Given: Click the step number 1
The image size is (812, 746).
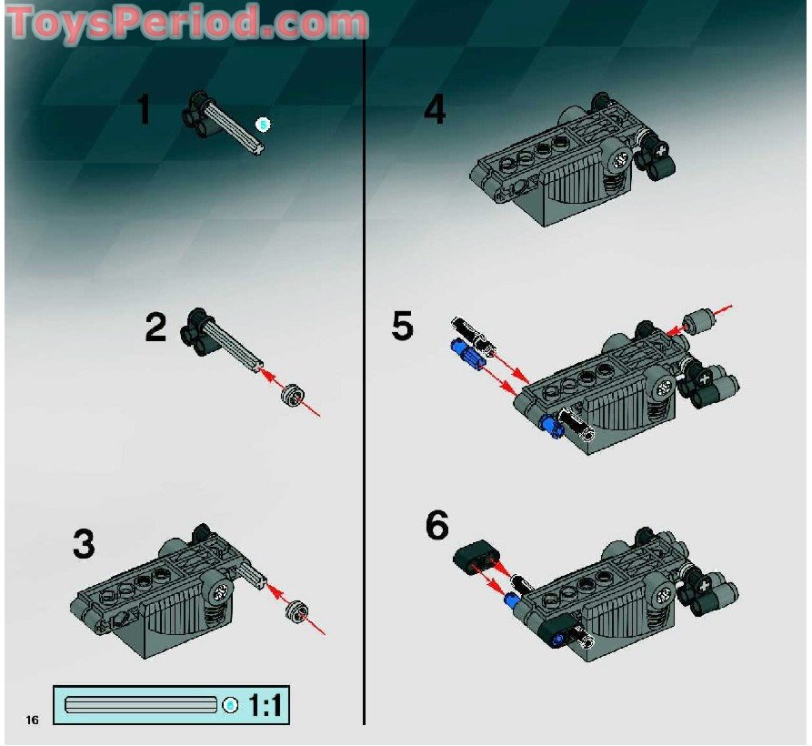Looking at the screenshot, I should [x=143, y=110].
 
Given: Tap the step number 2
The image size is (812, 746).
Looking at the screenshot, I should [x=155, y=328].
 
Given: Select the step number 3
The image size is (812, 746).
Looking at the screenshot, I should [x=83, y=545].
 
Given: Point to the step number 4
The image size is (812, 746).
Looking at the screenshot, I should [x=435, y=111].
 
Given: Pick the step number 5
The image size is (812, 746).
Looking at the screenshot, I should [x=402, y=326].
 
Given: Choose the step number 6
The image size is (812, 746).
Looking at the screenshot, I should [x=436, y=525].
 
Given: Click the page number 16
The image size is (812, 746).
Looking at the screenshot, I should [x=33, y=721].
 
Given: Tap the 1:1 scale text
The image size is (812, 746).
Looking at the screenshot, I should [x=264, y=705].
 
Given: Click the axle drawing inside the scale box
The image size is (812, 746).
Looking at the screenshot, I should [x=141, y=705].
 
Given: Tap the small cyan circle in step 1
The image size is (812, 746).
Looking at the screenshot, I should [x=264, y=123].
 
